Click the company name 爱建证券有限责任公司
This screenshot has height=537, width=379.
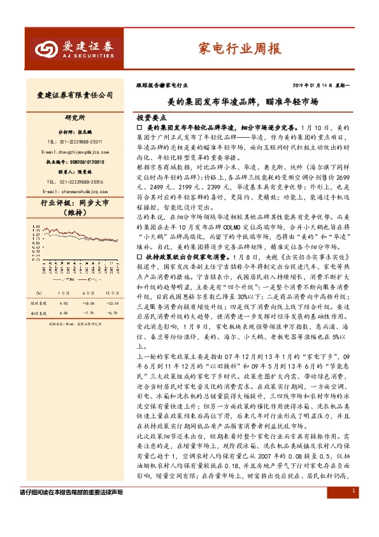(71, 95)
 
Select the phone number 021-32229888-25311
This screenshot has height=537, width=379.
(75, 142)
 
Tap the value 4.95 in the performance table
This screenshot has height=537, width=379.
(64, 302)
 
